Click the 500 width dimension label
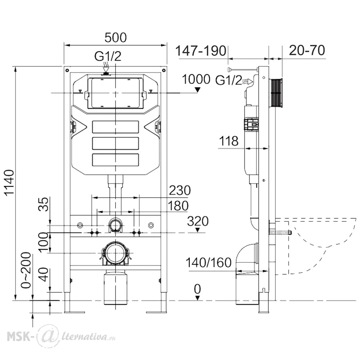coord(116,38)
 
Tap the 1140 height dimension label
coord(10,183)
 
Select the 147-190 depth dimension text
coord(201,51)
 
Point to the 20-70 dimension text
coord(307,50)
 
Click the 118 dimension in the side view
coord(229,141)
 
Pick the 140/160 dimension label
coord(208,262)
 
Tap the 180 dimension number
coord(178,206)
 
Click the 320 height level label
coord(198,221)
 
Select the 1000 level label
coord(196,80)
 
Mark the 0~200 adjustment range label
coord(26,270)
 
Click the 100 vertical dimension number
coord(44,243)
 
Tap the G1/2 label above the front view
coord(108,56)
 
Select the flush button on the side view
coord(276,93)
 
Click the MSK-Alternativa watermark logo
coord(61,337)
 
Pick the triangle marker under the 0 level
coord(197,298)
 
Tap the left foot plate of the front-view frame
coord(75,312)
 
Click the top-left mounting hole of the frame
coord(67,70)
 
